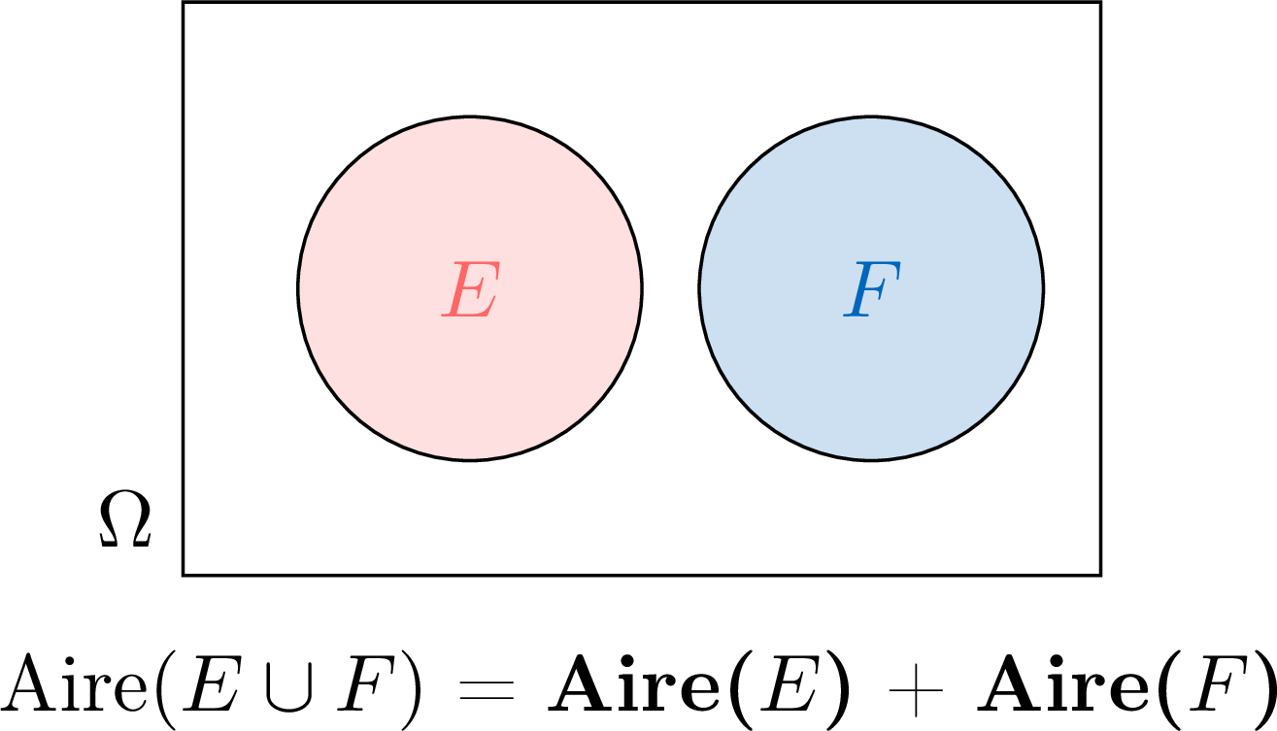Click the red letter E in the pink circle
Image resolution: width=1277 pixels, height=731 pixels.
pos(471,289)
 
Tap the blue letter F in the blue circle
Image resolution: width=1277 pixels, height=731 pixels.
pos(872,289)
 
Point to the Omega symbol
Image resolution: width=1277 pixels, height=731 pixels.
pos(125,519)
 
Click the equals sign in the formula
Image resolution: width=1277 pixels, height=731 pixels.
pos(487,690)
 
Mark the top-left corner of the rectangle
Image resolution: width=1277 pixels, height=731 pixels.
pos(183,2)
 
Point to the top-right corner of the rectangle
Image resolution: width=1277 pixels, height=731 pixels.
pos(1100,2)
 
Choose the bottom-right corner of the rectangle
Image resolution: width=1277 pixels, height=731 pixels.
pos(1100,575)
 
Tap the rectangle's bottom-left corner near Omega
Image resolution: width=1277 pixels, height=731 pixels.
pos(183,575)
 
